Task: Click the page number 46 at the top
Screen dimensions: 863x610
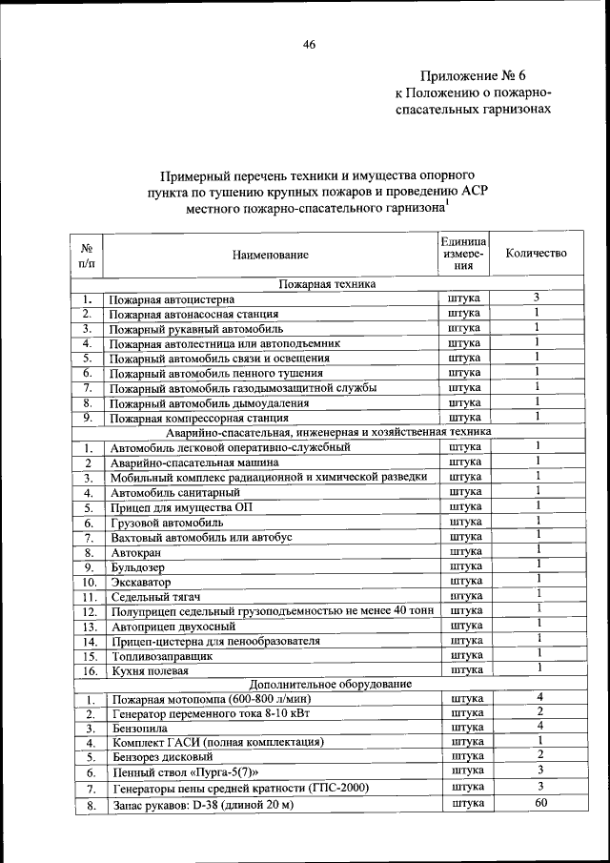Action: click(x=309, y=44)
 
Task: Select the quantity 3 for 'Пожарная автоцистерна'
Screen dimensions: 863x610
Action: click(x=537, y=298)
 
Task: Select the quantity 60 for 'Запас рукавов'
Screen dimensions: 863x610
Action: click(x=539, y=804)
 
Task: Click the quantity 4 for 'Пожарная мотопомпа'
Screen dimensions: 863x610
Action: click(x=539, y=697)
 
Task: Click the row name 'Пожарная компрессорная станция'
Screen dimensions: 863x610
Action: click(x=197, y=418)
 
